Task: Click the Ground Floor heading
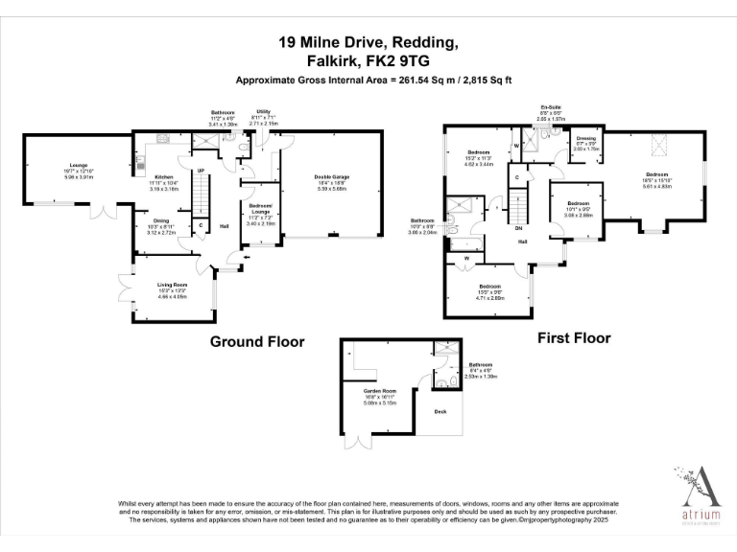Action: (x=257, y=341)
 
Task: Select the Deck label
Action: (x=440, y=412)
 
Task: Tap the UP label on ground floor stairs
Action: (x=201, y=171)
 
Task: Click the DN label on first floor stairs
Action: (x=519, y=228)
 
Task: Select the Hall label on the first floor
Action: (x=523, y=241)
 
